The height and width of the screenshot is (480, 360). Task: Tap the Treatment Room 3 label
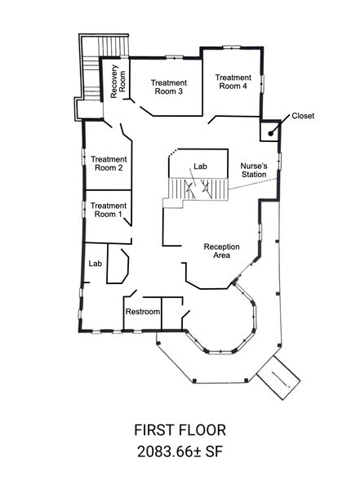point(169,87)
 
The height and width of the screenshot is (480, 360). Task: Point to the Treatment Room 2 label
point(109,163)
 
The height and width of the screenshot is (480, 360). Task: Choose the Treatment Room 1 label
point(109,210)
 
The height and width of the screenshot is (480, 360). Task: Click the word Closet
point(301,116)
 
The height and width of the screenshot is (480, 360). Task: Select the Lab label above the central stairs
point(201,167)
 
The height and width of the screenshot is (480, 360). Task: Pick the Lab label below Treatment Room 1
point(95,264)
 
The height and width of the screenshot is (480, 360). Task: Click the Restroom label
point(142,313)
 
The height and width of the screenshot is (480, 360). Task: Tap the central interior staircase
point(195,189)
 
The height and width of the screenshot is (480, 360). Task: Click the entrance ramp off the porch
point(278,376)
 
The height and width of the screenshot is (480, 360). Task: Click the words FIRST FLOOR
point(180,430)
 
